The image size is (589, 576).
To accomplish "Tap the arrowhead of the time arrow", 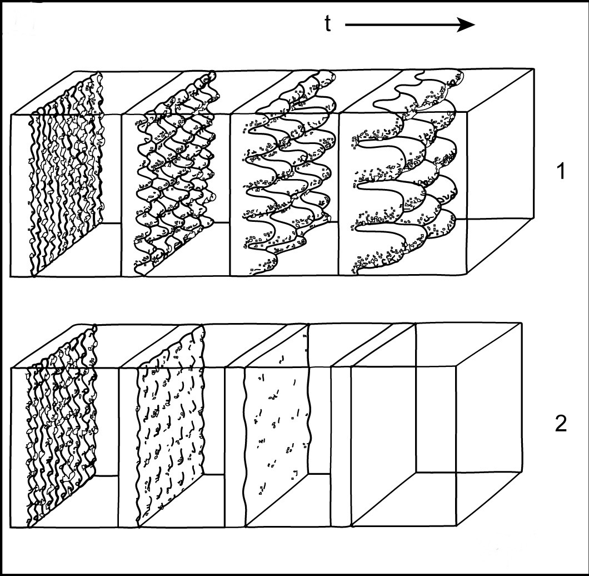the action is click(466, 25).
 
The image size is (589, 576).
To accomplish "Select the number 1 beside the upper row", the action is click(560, 171).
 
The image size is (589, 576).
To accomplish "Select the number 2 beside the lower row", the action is click(561, 424).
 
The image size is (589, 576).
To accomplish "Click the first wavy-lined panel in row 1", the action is click(66, 173).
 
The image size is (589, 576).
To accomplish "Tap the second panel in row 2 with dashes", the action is click(171, 425).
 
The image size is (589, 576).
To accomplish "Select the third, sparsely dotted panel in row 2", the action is click(277, 425).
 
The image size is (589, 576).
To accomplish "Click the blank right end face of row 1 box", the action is click(501, 172).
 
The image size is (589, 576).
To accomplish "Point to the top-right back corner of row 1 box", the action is click(533, 69).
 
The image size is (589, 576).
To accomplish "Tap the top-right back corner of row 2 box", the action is click(521, 322).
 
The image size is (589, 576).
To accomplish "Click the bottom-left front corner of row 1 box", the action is click(11, 277).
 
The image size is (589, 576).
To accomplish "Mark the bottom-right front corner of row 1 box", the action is click(467, 275).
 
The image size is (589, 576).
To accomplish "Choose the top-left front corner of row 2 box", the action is click(11, 368).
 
